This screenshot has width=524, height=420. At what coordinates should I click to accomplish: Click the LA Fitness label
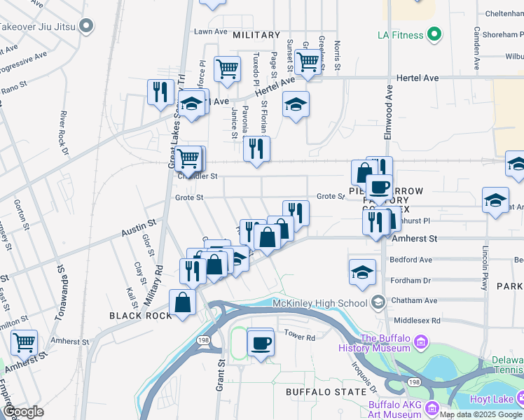pos(401,34)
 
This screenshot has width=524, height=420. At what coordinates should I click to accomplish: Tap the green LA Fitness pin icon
pos(434,33)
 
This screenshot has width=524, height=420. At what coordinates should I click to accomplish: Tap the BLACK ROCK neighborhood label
pos(140,316)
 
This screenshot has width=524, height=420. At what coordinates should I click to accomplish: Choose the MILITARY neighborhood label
pos(256,35)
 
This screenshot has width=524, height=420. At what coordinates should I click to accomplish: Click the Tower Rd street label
pos(299,336)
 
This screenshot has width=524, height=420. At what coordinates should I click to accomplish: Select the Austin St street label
pos(138,226)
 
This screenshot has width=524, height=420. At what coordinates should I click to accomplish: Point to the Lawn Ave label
pos(211,31)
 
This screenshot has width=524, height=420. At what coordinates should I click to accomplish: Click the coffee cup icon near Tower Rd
pos(261,343)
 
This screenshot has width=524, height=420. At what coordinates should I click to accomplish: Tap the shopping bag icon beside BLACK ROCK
pos(182,302)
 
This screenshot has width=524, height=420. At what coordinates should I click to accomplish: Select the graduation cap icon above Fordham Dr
pos(362,272)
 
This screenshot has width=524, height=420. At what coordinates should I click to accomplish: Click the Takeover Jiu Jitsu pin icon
pos(86,27)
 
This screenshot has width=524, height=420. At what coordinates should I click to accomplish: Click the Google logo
pos(22,412)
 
